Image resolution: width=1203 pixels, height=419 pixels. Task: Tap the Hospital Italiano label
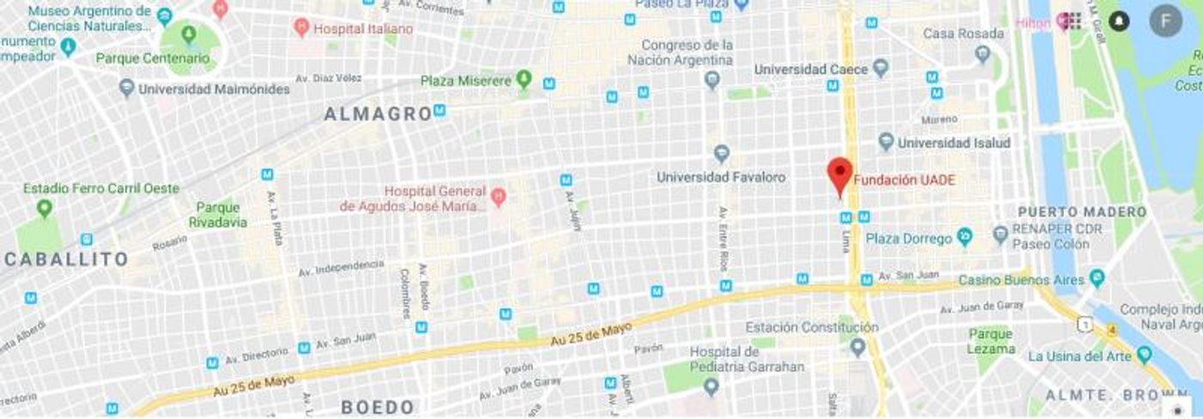[363, 28]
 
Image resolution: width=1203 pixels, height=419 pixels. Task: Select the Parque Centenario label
[153, 58]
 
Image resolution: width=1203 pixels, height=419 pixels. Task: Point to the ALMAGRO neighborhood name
[377, 113]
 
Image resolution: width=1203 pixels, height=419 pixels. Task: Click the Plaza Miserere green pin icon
[523, 81]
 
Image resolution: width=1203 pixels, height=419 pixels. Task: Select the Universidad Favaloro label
[721, 177]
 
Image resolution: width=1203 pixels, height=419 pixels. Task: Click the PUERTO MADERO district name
[1082, 211]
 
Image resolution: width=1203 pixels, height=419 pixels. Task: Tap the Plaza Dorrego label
[909, 238]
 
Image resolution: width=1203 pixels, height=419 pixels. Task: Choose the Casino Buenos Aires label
[1020, 280]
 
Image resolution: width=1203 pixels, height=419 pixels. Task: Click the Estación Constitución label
[811, 327]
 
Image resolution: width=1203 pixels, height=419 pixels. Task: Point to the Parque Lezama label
[991, 341]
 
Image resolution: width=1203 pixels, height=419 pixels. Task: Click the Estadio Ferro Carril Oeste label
[101, 188]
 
